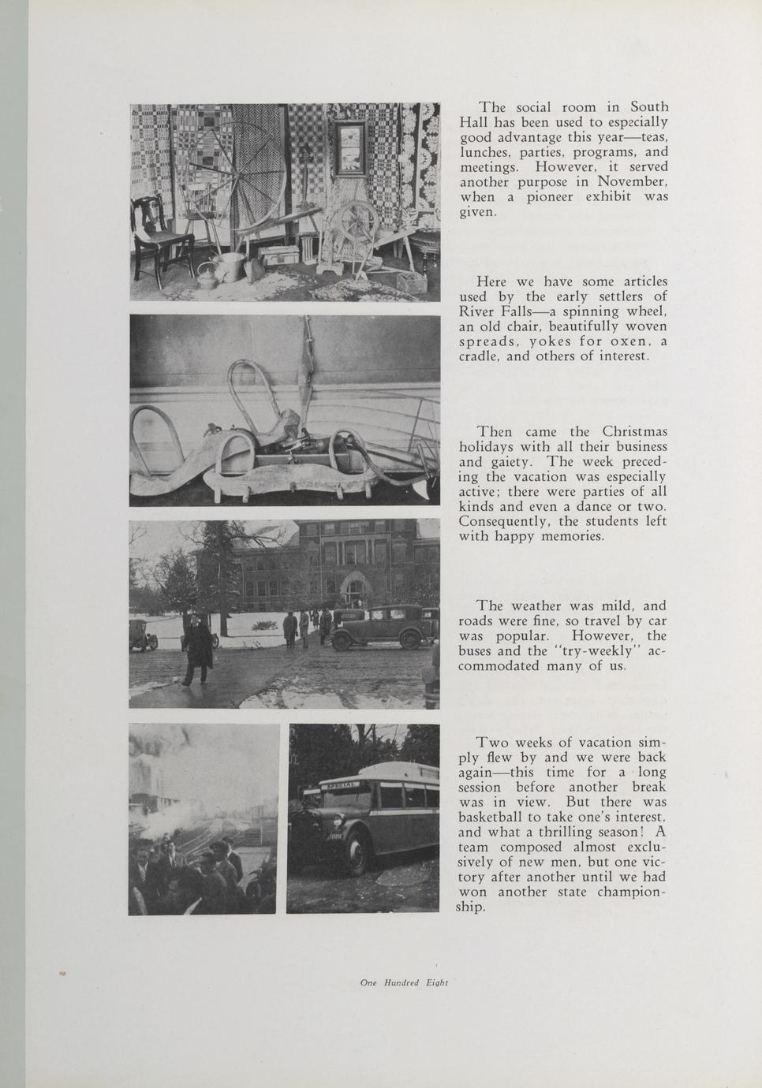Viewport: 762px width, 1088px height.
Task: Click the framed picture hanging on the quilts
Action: point(347,150)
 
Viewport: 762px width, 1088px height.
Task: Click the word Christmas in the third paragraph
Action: point(634,431)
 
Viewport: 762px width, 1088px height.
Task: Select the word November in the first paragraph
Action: point(632,181)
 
